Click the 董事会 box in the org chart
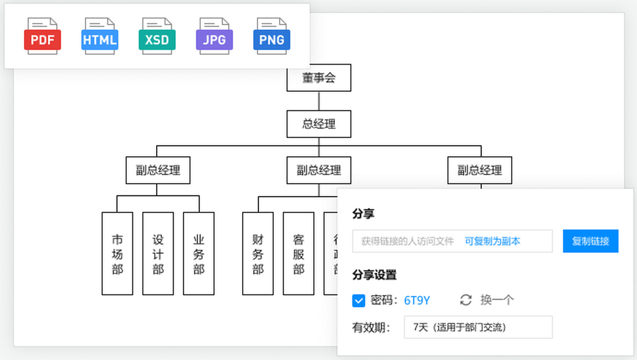pos(319,79)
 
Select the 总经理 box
pos(319,124)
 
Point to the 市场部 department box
pos(117,253)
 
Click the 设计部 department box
pos(158,253)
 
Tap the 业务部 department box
pos(199,253)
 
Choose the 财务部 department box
pos(258,253)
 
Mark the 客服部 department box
pos(298,253)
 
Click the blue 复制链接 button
pos(590,241)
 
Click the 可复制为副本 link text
pos(492,241)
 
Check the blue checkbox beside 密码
pos(358,301)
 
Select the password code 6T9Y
pos(417,301)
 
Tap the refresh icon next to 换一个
pos(466,300)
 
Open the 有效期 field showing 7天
pos(478,327)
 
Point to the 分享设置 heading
pos(374,275)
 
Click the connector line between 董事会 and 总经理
pos(319,101)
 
